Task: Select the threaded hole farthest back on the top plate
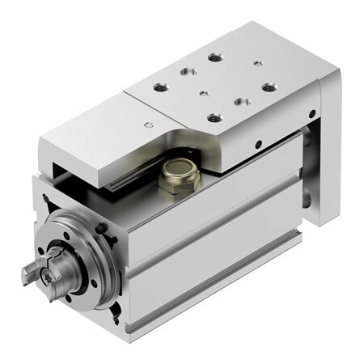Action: click(214, 58)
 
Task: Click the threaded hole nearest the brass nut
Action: click(214, 118)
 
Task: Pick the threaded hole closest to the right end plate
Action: click(268, 87)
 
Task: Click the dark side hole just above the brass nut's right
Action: click(257, 146)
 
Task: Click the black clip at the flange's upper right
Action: click(103, 229)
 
